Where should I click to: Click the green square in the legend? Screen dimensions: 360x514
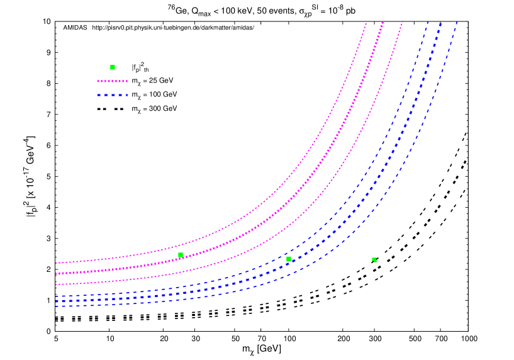click(113, 67)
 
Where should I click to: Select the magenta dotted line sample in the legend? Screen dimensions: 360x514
click(112, 81)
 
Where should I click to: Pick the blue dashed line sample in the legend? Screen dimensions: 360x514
click(112, 95)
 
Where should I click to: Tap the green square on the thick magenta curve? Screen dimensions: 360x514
click(181, 255)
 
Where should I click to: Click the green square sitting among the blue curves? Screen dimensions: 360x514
click(289, 259)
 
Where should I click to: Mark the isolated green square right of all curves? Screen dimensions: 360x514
click(374, 259)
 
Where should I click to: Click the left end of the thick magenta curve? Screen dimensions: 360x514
click(57, 274)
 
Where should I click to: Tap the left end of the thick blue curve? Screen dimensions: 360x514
click(57, 301)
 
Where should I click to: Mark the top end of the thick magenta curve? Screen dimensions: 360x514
click(382, 24)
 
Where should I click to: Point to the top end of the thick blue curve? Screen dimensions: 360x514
click(440, 25)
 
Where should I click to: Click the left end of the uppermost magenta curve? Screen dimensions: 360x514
click(57, 263)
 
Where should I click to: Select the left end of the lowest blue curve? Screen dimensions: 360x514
click(57, 307)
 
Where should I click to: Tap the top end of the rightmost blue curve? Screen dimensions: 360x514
click(457, 23)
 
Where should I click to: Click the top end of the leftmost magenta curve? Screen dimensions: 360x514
click(366, 24)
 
